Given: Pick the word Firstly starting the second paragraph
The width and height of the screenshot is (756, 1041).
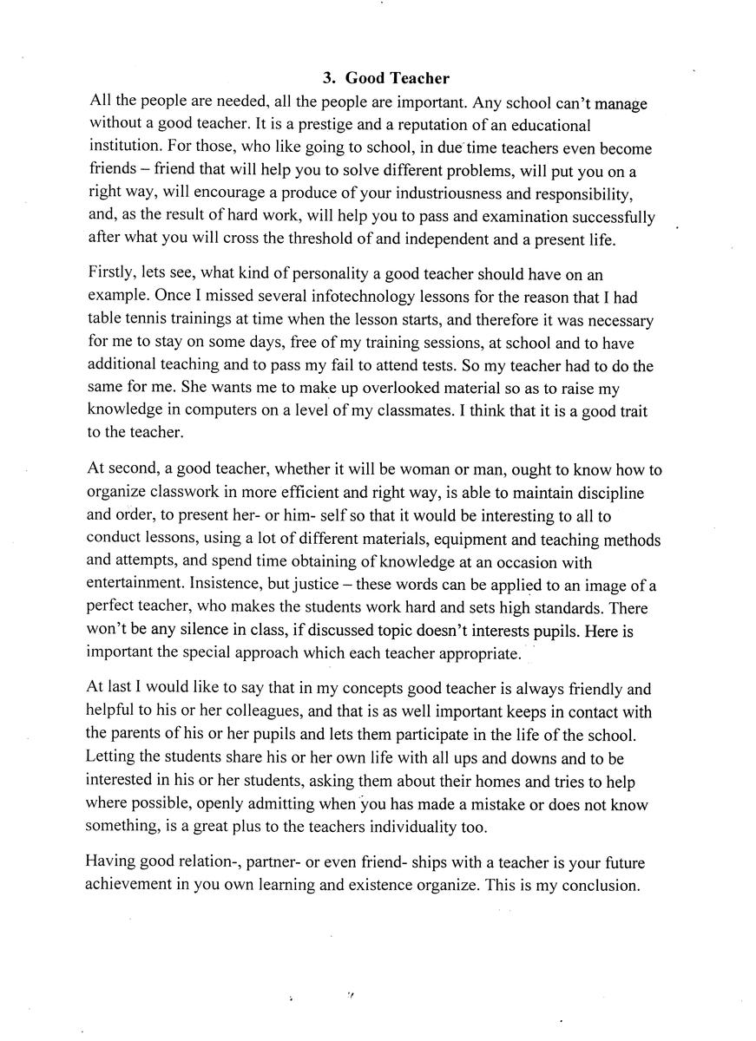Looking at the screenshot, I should coord(111,274).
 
